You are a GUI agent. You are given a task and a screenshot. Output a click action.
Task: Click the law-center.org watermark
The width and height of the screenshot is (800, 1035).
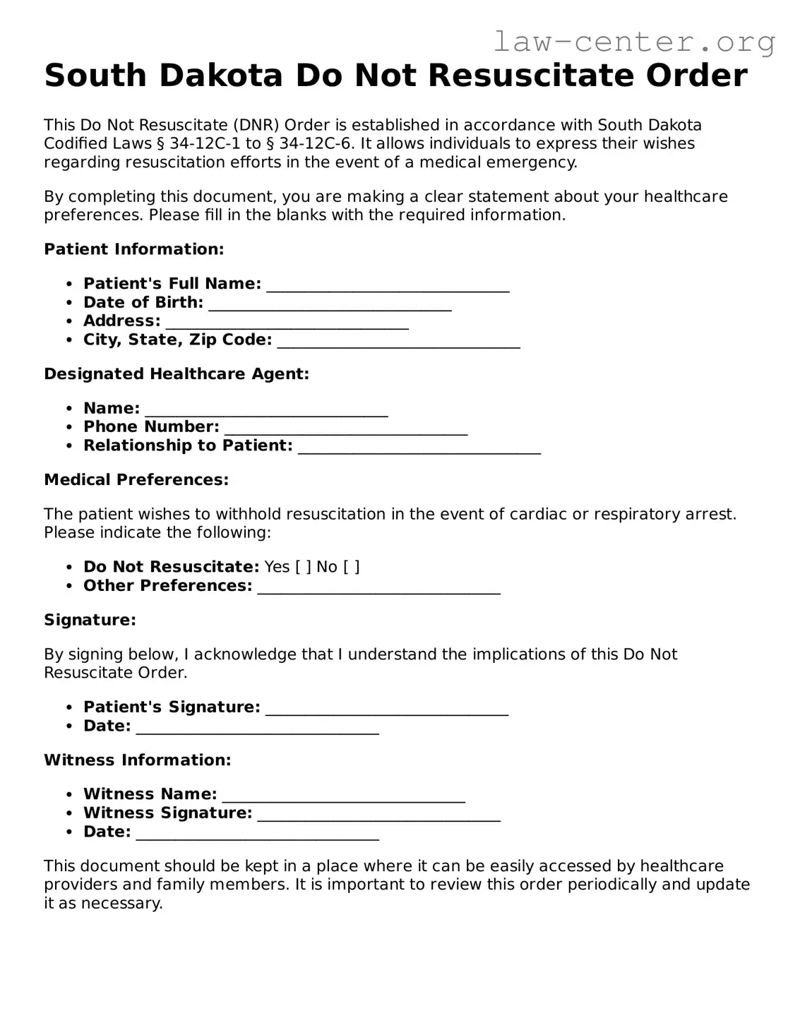633,42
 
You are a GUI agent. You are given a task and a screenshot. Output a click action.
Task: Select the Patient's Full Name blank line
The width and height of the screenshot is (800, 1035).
388,285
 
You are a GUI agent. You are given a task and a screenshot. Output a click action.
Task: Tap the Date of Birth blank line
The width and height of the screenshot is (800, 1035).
330,304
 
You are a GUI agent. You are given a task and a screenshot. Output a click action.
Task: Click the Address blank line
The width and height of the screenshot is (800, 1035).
287,322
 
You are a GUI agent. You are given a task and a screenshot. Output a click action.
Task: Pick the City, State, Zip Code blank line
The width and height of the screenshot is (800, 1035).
398,341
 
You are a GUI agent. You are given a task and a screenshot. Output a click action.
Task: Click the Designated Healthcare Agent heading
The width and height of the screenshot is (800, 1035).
177,374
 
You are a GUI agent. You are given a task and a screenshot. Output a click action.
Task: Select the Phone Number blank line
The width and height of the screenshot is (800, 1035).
345,428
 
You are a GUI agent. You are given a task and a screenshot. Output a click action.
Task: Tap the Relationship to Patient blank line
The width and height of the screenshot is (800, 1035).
419,446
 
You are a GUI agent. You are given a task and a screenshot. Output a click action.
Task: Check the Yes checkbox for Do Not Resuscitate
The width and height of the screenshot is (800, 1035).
303,567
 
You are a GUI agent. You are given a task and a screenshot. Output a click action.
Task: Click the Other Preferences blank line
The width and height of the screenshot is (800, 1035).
378,587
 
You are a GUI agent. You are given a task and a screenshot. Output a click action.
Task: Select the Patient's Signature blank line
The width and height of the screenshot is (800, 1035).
387,708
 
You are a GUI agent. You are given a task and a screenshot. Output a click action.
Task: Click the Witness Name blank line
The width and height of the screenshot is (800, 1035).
343,795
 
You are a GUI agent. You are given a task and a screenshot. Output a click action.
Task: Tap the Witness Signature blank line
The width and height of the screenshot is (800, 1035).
378,814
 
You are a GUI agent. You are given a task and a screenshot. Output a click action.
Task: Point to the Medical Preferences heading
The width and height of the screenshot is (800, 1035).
136,480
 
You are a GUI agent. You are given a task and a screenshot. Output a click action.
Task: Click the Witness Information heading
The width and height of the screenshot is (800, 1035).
138,760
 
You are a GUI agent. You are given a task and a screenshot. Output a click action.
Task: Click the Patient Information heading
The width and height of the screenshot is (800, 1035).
134,249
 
